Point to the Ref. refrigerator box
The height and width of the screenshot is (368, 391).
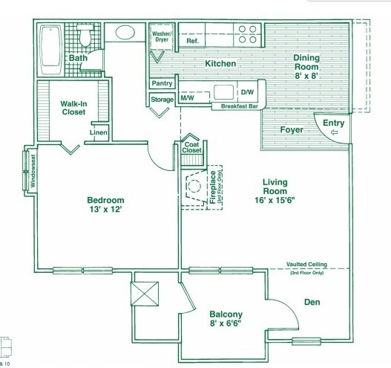pyautogui.click(x=192, y=41)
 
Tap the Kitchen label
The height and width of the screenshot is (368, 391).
pyautogui.click(x=220, y=64)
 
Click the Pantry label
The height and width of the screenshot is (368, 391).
pyautogui.click(x=162, y=83)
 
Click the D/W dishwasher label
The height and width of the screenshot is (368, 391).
pyautogui.click(x=247, y=93)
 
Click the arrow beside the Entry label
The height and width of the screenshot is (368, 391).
pyautogui.click(x=333, y=133)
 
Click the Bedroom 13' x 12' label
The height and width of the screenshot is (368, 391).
pyautogui.click(x=105, y=205)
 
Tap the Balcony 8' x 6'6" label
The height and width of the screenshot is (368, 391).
pyautogui.click(x=226, y=319)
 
